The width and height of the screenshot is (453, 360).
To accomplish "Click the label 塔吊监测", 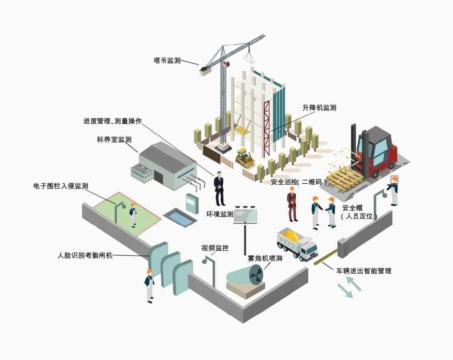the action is point(167,61).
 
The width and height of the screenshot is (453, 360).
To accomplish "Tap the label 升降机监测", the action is point(319,108).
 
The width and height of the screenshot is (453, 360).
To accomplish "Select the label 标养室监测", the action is point(114,139).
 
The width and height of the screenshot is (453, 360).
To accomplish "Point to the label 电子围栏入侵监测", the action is point(61,186).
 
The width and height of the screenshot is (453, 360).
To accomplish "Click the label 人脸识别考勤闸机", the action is point(85,255).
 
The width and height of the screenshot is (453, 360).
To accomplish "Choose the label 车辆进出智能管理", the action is point(363,271).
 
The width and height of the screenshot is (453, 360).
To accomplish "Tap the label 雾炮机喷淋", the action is point(265,258).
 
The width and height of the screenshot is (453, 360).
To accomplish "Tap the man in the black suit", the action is point(219,188).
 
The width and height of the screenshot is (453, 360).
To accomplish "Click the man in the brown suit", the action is point(292,204).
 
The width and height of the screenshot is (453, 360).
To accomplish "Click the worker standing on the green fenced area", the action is point(133,215).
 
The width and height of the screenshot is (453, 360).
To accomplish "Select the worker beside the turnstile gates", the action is point(150,285).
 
